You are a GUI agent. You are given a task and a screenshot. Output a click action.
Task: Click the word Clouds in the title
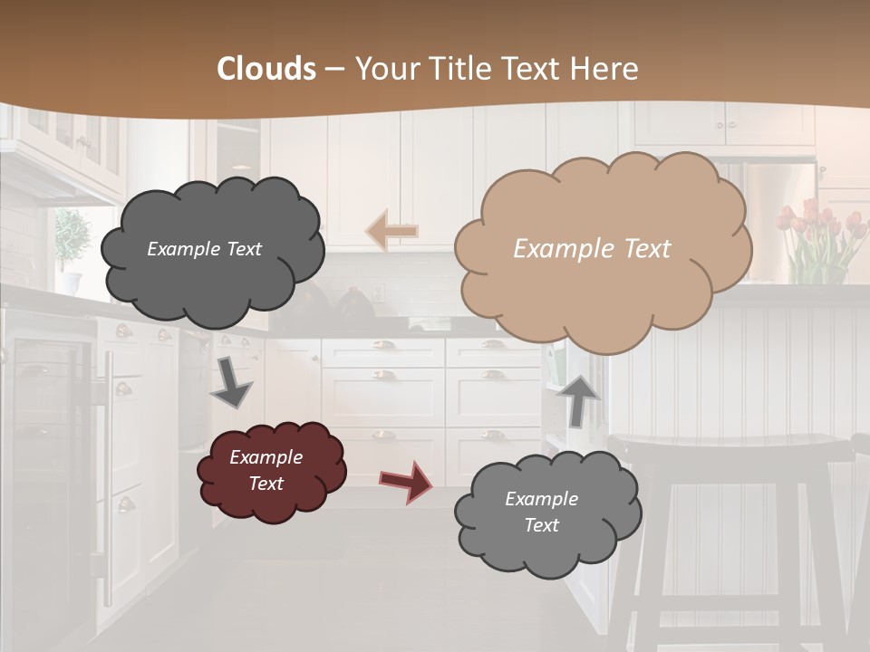coord(266,69)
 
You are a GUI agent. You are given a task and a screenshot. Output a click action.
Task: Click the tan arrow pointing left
coord(391,231)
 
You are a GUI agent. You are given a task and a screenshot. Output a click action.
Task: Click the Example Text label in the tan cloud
coord(592,249)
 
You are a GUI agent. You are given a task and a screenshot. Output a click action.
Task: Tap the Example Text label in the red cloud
coord(266,470)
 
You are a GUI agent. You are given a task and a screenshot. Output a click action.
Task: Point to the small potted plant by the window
coord(71,240)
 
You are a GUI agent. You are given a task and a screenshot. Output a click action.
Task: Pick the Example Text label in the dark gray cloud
coord(204,249)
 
